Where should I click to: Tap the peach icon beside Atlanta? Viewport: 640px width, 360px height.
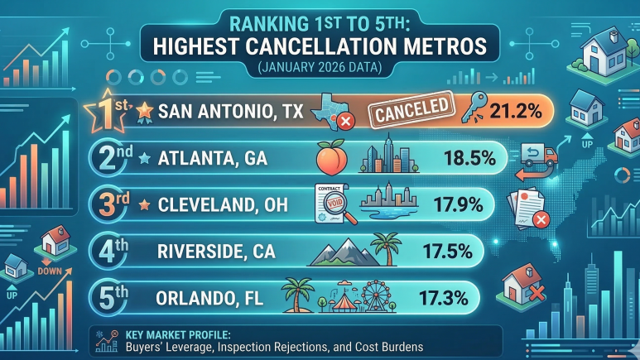(x=330, y=156)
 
